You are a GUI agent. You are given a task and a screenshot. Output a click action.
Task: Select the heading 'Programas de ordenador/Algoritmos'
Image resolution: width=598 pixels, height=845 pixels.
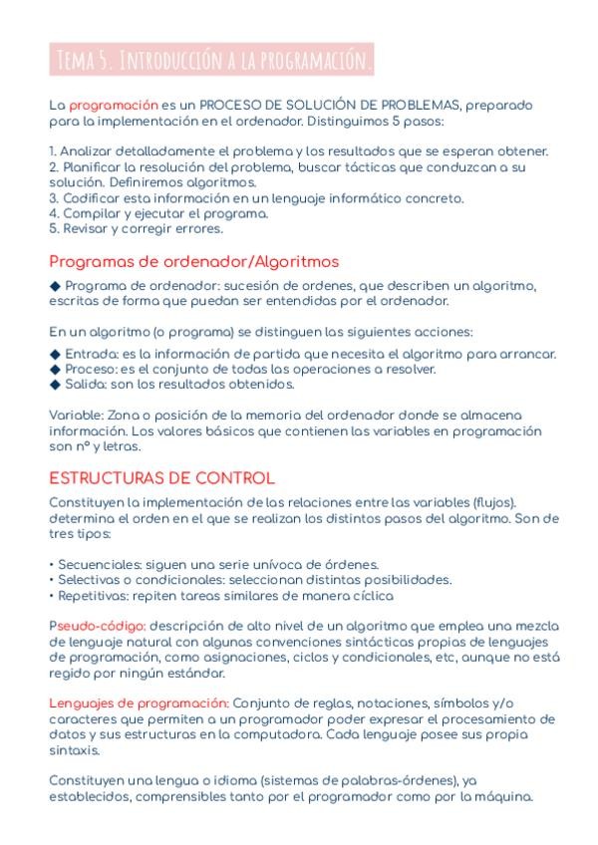[193, 262]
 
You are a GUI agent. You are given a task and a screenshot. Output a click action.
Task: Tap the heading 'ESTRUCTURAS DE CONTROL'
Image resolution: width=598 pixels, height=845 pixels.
[161, 478]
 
